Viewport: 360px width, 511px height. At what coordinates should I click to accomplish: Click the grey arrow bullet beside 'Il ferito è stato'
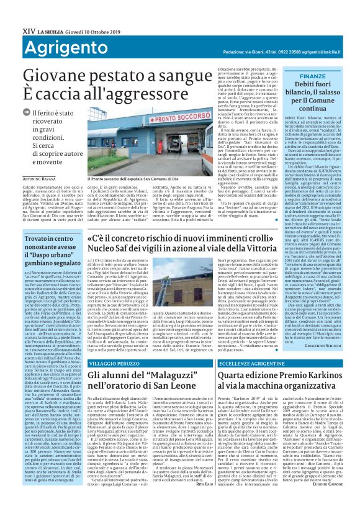pos(35,112)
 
